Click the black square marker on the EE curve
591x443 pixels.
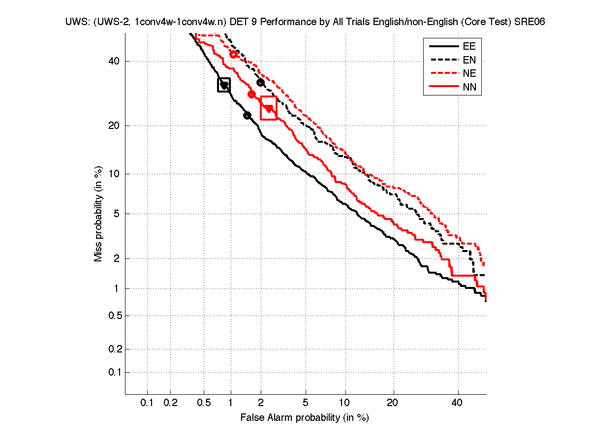224,85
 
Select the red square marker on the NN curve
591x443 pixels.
269,108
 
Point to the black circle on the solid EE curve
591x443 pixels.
247,115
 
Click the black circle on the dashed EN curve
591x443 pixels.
261,82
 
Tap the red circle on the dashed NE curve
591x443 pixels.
233,54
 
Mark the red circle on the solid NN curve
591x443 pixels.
251,94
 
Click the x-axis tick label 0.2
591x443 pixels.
170,403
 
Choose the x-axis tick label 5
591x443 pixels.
306,403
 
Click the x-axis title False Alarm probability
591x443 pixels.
305,418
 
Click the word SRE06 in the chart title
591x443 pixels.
529,23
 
